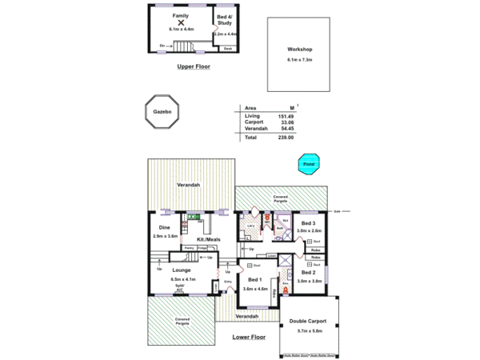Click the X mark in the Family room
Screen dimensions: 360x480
click(x=180, y=22)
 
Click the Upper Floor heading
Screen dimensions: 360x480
click(x=193, y=66)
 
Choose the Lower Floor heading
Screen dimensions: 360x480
click(x=248, y=337)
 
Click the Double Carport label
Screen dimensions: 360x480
click(x=307, y=320)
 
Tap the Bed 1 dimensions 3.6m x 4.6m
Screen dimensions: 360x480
click(x=254, y=287)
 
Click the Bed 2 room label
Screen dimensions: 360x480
click(x=308, y=272)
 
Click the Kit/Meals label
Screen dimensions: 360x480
click(x=209, y=239)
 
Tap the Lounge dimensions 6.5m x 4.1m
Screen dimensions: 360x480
click(x=179, y=278)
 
